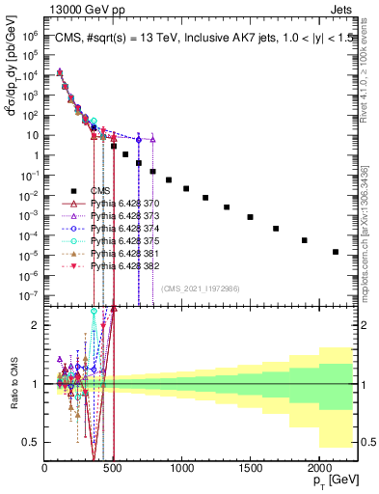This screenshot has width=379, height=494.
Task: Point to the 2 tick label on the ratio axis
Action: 36,325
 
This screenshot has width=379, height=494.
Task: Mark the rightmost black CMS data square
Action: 336,252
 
